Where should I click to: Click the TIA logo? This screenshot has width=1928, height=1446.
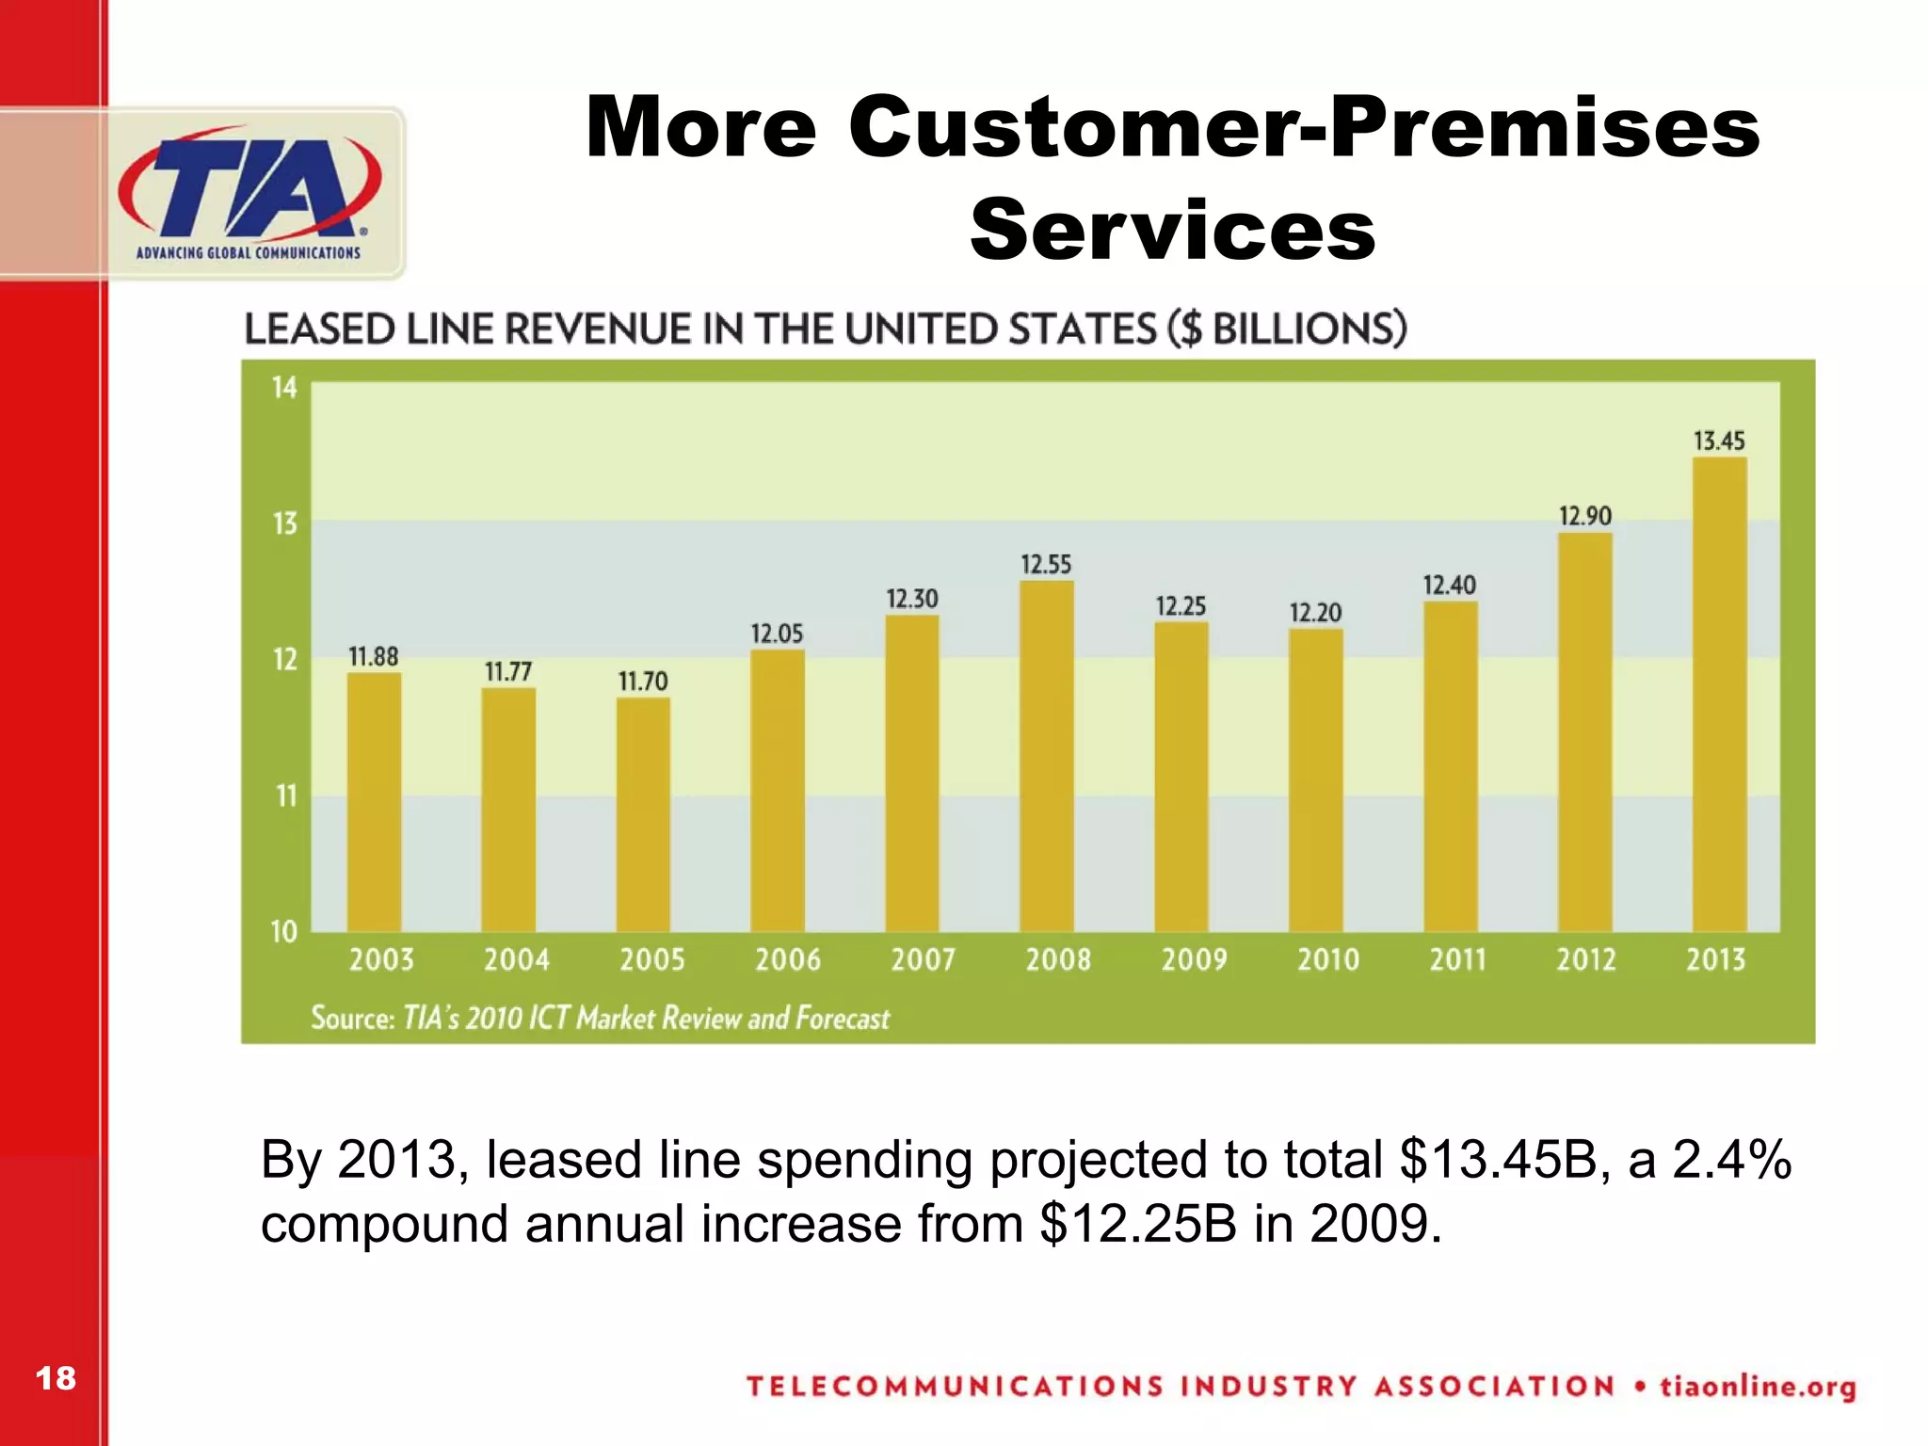click(249, 193)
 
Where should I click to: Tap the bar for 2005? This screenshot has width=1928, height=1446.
click(643, 814)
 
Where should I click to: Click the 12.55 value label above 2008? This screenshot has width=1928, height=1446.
click(1046, 565)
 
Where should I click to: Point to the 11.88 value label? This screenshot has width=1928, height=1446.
click(374, 656)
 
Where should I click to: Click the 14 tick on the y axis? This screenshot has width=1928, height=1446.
click(284, 388)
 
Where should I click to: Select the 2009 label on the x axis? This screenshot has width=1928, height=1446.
click(1194, 959)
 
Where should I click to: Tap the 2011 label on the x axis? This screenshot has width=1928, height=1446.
click(1457, 959)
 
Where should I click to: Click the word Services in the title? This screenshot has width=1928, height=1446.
click(1172, 231)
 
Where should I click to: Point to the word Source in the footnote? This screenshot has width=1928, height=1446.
click(352, 1018)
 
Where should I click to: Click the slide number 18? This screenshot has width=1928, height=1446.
click(55, 1378)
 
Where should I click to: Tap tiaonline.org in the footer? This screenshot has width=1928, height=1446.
click(1758, 1387)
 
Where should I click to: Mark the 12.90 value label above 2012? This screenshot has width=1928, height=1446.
click(1585, 516)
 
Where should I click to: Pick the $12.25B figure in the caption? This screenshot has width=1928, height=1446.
click(1137, 1225)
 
